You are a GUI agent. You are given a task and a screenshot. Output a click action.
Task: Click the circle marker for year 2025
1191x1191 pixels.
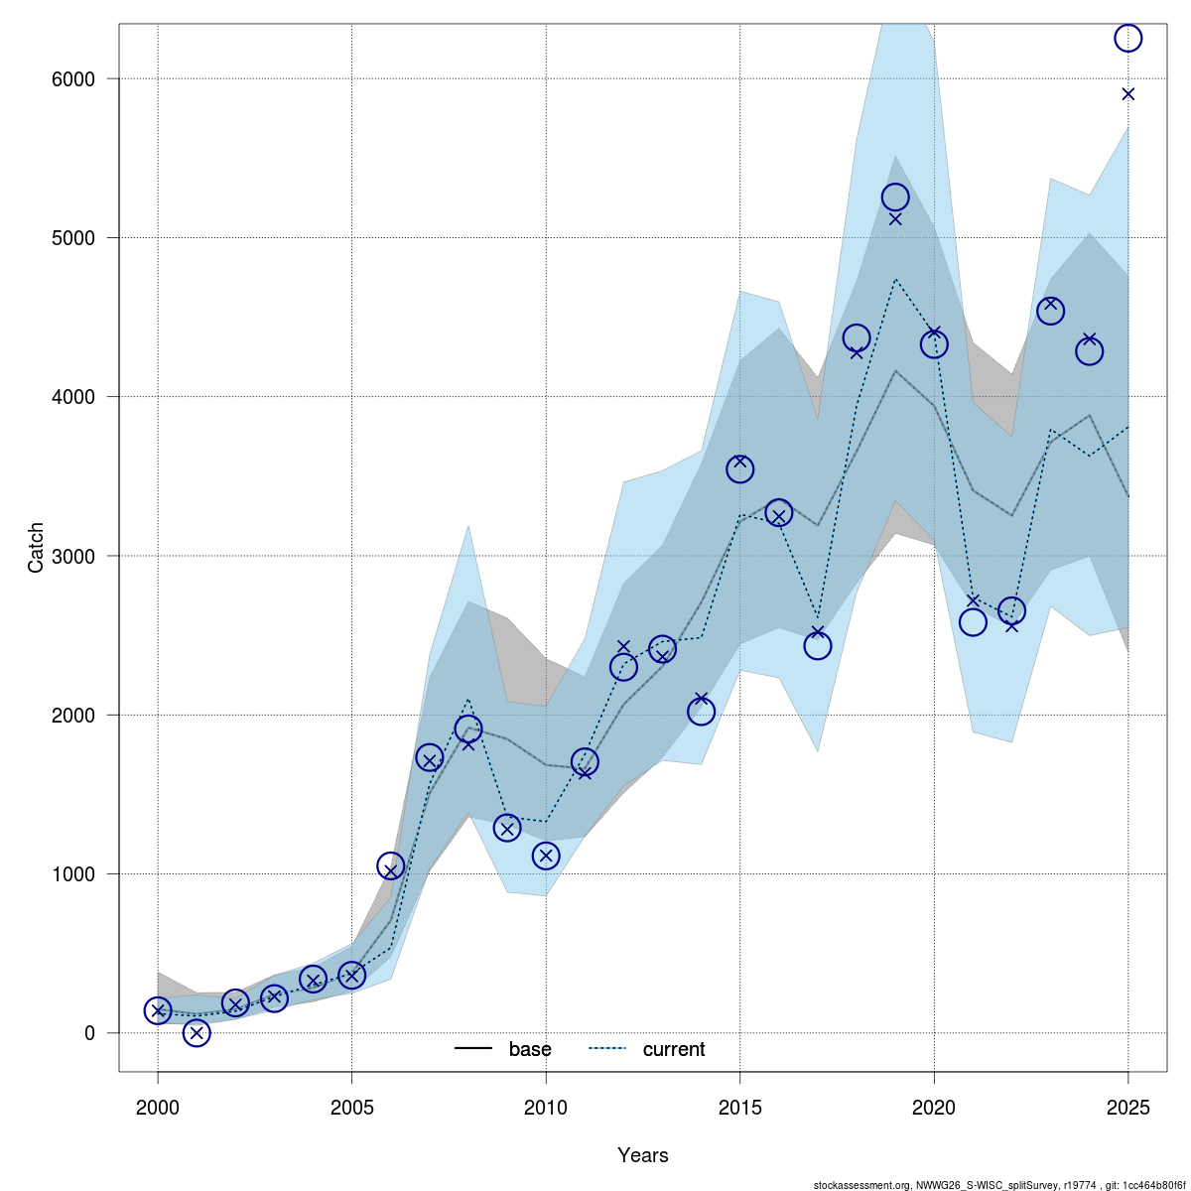pyautogui.click(x=1127, y=38)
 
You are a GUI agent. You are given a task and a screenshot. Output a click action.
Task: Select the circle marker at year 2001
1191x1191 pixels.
pyautogui.click(x=197, y=1032)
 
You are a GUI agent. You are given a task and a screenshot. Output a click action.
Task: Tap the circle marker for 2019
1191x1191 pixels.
pyautogui.click(x=895, y=198)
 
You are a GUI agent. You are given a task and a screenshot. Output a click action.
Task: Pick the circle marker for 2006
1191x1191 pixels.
pyautogui.click(x=391, y=866)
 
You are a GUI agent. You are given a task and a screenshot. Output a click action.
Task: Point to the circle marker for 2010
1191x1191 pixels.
pyautogui.click(x=546, y=856)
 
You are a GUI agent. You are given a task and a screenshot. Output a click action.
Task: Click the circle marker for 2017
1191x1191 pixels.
pyautogui.click(x=818, y=646)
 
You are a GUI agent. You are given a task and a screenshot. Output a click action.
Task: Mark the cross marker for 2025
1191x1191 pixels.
pyautogui.click(x=1127, y=94)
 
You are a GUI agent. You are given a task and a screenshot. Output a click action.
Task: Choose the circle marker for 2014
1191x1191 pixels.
pyautogui.click(x=701, y=712)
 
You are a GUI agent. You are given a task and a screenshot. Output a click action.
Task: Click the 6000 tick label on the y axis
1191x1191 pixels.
pyautogui.click(x=73, y=78)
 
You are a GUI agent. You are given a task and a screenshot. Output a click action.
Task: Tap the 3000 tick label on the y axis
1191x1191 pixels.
pyautogui.click(x=73, y=556)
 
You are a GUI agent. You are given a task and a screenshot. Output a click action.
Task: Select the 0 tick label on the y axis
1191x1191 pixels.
pyautogui.click(x=89, y=1033)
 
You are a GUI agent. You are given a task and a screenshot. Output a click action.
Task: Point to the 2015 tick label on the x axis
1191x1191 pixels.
pyautogui.click(x=739, y=1107)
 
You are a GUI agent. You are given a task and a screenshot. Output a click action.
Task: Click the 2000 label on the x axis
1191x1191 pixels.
pyautogui.click(x=158, y=1107)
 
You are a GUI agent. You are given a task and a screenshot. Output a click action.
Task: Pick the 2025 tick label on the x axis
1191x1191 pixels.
pyautogui.click(x=1127, y=1107)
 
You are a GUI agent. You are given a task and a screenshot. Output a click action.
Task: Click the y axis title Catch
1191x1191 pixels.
pyautogui.click(x=36, y=548)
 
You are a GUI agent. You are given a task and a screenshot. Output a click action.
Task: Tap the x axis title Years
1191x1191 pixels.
pyautogui.click(x=642, y=1155)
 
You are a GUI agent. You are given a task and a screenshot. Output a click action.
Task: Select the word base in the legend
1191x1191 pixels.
pyautogui.click(x=530, y=1049)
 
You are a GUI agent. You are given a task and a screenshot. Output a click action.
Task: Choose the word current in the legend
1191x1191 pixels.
pyautogui.click(x=674, y=1049)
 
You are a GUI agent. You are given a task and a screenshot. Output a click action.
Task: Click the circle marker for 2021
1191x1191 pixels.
pyautogui.click(x=973, y=622)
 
